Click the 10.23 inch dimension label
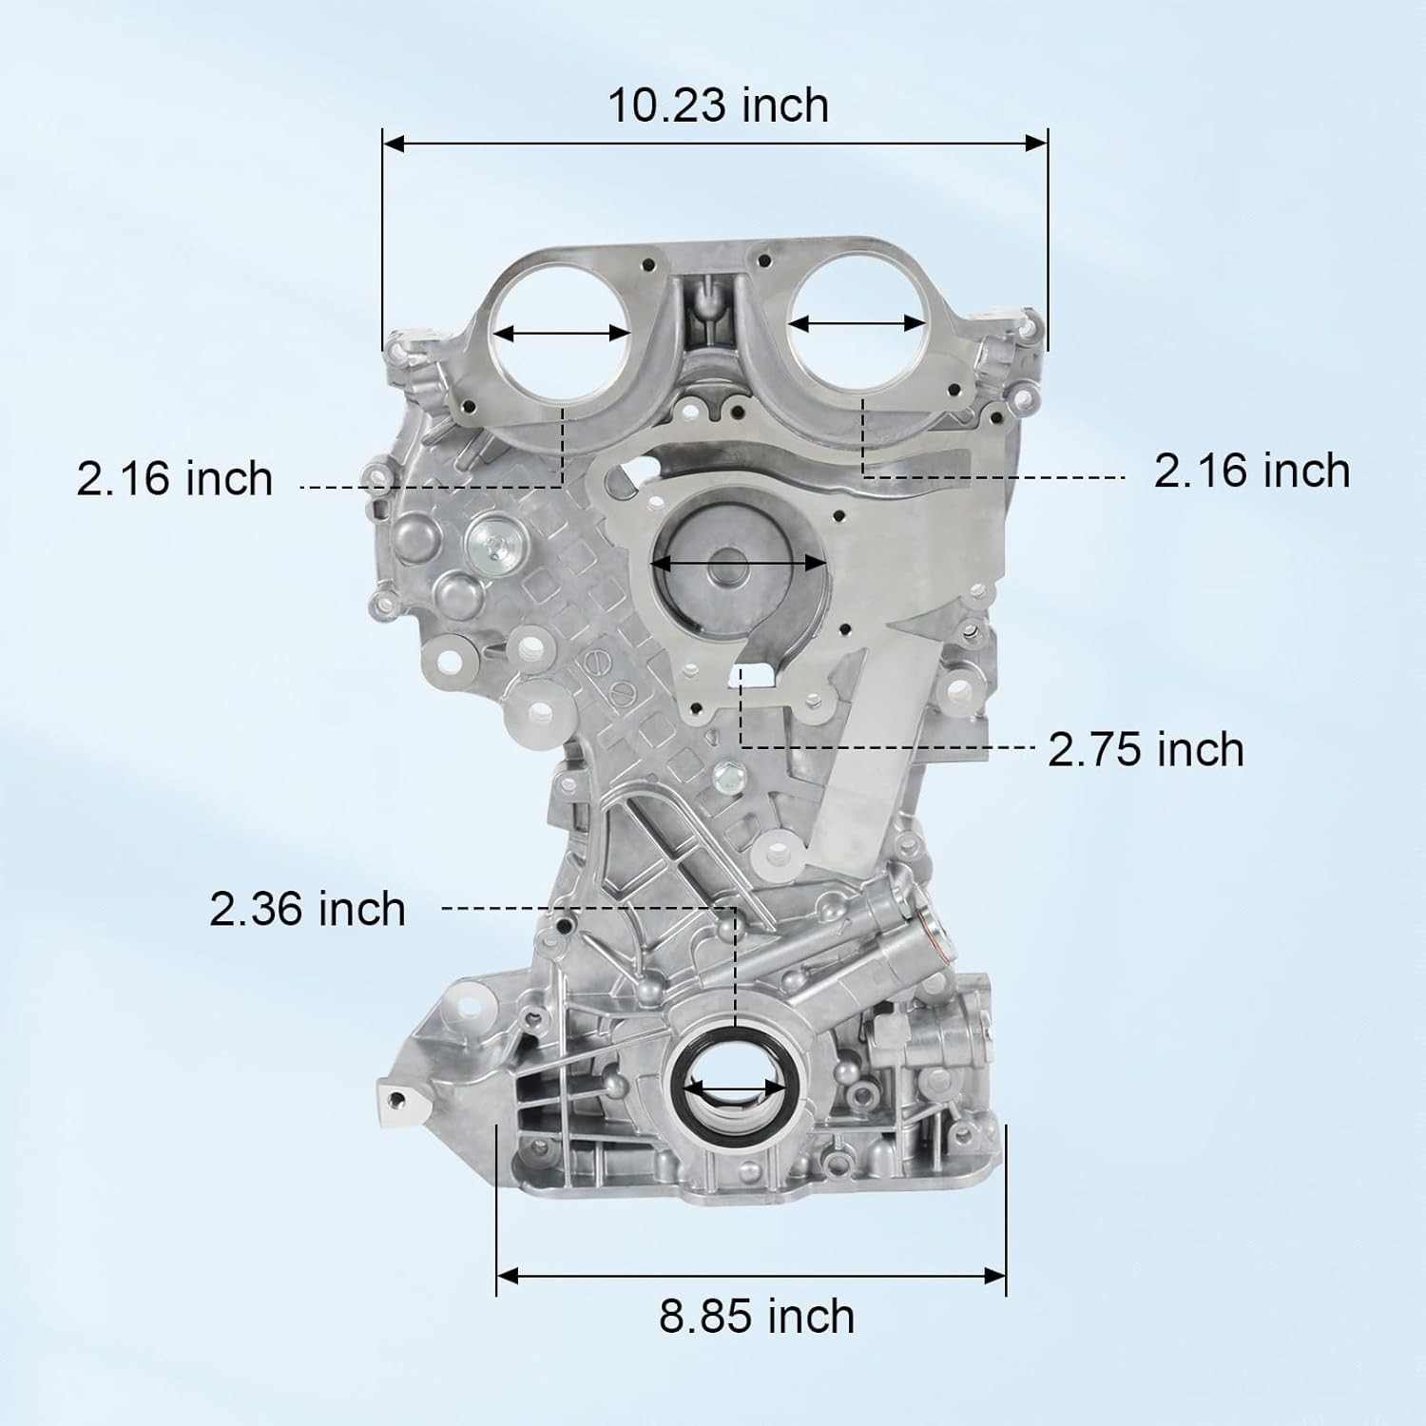coord(718,105)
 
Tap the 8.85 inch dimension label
coord(757,1317)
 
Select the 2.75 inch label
coord(1146,749)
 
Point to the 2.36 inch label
coord(307,909)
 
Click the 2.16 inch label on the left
coord(175,478)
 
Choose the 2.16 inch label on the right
coord(1252,472)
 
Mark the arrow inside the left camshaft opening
coord(563,334)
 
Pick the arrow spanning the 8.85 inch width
coord(751,1275)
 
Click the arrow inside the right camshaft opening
coord(858,324)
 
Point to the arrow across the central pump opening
coord(738,563)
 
